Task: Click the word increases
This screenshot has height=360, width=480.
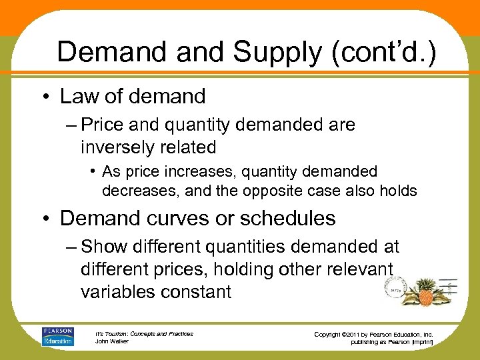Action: (x=192, y=172)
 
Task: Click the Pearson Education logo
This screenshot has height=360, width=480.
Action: (x=57, y=336)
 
